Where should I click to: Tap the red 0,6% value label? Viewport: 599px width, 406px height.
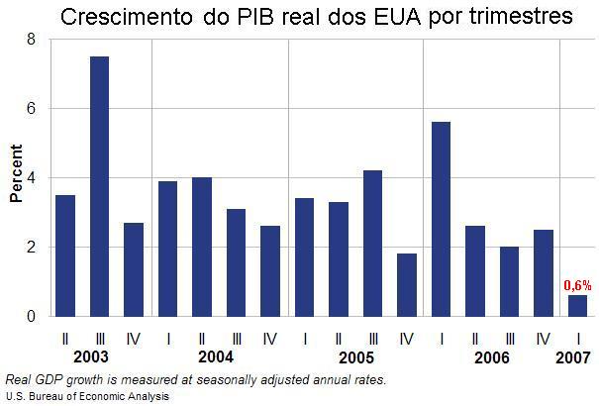coord(577,285)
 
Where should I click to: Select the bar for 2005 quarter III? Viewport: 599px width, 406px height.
coord(372,244)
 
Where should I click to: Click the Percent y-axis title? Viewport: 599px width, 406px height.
coord(16,177)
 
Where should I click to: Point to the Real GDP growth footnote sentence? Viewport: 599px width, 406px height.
coord(195,379)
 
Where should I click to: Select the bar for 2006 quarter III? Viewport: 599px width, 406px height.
coord(509,281)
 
